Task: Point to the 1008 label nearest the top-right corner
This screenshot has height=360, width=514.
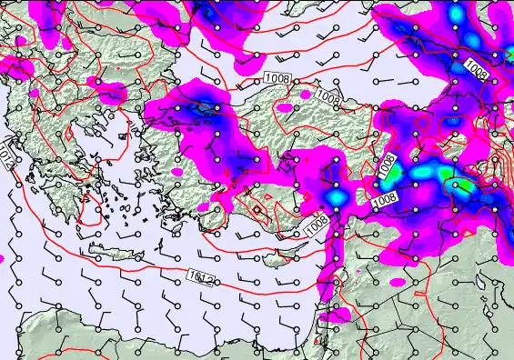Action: pyautogui.click(x=476, y=68)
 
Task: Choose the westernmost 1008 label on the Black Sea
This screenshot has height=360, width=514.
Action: pyautogui.click(x=277, y=80)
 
